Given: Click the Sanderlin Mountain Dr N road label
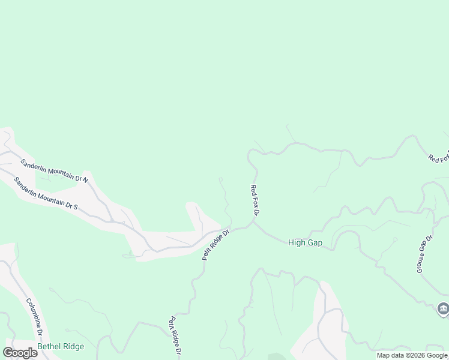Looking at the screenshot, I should click(55, 170).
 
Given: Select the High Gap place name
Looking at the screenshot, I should click(305, 243).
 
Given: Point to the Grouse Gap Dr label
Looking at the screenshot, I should click(424, 254).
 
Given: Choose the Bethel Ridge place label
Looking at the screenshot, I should click(61, 346).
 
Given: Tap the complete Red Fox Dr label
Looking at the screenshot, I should click(255, 200).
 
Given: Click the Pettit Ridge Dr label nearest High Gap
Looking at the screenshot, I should click(216, 244).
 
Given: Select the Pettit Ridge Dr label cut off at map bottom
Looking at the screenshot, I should click(175, 337).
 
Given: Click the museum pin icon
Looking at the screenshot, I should click(443, 309).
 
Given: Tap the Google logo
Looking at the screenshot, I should click(20, 353).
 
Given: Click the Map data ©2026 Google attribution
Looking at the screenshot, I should click(412, 355).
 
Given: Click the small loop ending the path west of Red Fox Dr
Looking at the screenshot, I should click(221, 179).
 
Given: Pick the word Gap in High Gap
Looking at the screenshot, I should click(315, 243).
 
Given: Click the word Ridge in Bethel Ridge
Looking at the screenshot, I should click(72, 346).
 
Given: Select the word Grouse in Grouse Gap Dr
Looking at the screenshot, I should click(421, 263).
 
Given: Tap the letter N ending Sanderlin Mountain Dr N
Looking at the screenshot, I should click(85, 179).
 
